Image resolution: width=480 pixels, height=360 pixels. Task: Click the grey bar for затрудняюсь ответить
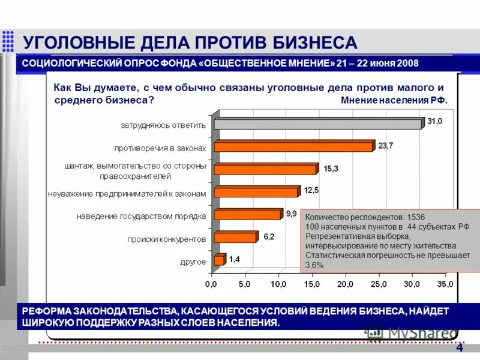click(318, 124)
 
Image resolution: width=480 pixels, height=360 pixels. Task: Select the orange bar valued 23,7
click(293, 146)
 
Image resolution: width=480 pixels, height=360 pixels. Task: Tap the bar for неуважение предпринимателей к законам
click(256, 192)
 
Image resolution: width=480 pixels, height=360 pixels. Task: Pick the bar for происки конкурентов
click(235, 238)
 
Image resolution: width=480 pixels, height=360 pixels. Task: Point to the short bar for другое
click(219, 260)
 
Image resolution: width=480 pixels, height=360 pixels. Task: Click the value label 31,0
click(434, 121)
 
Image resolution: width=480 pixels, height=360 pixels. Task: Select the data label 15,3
click(331, 169)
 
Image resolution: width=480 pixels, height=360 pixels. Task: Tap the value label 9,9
click(292, 213)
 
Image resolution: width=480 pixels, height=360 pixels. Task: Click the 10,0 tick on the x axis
click(279, 284)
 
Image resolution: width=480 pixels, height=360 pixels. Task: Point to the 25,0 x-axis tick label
click(379, 284)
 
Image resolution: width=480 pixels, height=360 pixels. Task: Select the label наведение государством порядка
click(142, 216)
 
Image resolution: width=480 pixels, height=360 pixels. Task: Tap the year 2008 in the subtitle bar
click(407, 64)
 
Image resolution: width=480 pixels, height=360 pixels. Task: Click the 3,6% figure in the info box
click(314, 264)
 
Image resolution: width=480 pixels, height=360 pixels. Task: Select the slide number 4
click(460, 349)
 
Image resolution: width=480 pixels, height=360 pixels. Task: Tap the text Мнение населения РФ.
click(394, 101)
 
